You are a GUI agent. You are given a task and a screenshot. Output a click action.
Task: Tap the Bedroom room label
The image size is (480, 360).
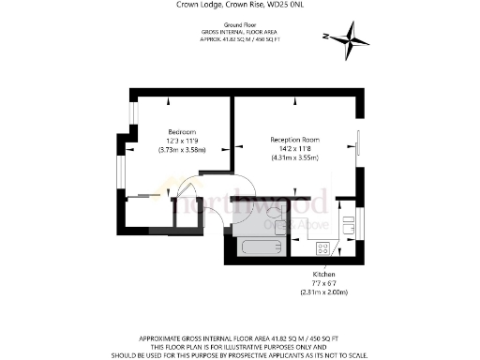click(x=182, y=131)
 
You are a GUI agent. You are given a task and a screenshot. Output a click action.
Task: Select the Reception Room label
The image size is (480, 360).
click(x=294, y=140)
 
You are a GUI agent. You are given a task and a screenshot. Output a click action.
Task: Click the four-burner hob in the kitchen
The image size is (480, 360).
click(x=323, y=248)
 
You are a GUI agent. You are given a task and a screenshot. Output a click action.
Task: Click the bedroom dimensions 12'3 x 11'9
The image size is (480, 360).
click(x=183, y=141)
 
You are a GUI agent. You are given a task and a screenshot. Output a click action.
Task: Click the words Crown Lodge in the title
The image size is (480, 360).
click(x=197, y=5)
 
